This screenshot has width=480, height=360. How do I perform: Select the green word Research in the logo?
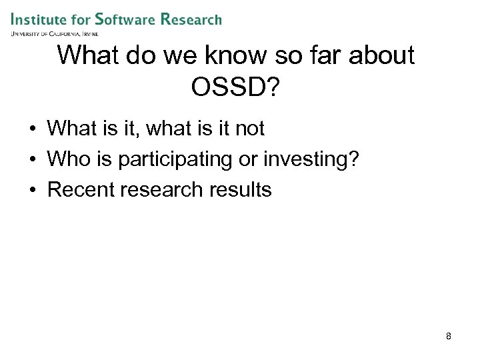click(x=191, y=19)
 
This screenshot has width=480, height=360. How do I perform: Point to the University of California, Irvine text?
click(x=55, y=33)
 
